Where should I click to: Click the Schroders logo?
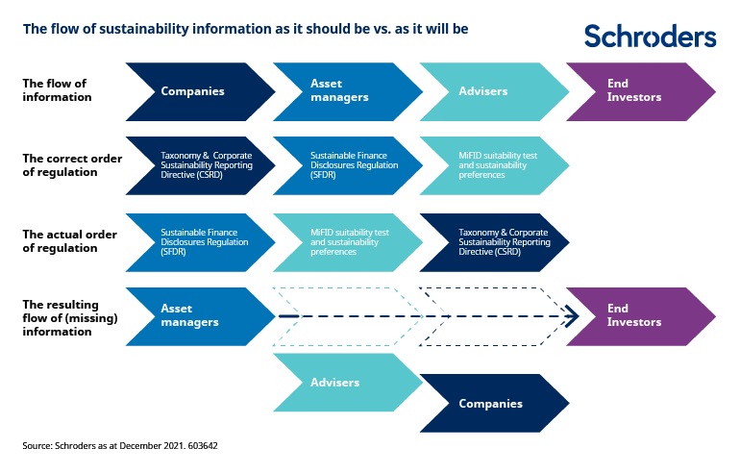click(650, 37)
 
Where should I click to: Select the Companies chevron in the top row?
click(197, 91)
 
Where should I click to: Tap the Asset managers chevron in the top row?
click(344, 91)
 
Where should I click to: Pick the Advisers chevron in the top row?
click(490, 91)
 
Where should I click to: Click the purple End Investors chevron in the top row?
click(636, 91)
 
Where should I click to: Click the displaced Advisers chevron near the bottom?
click(344, 382)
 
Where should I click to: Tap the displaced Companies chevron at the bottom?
click(490, 404)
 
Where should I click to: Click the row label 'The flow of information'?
click(58, 90)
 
